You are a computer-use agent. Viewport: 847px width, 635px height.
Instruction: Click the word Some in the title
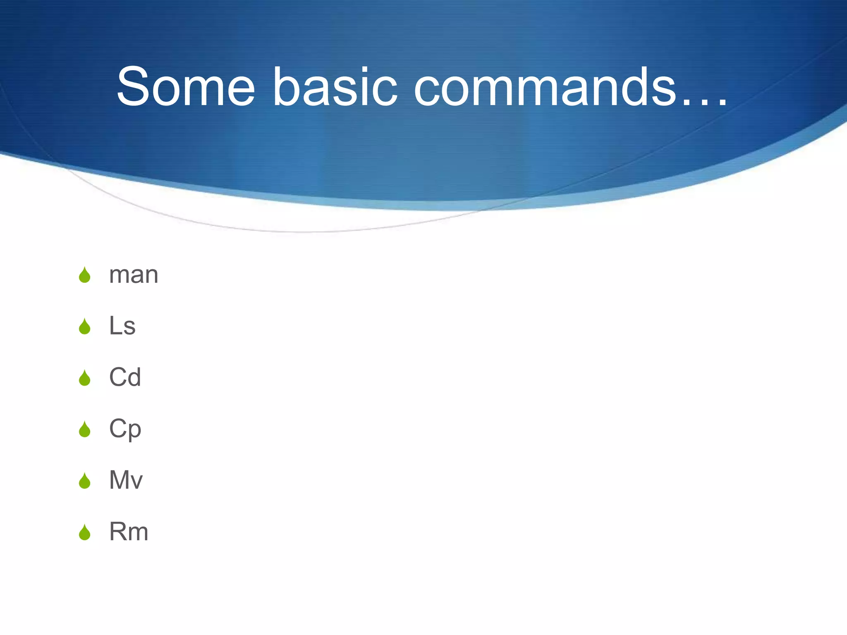[x=186, y=87]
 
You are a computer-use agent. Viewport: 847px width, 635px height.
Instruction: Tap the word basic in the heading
[x=335, y=87]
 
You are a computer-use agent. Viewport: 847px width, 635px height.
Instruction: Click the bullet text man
[x=134, y=275]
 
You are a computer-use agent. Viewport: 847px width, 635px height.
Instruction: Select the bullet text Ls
[x=122, y=326]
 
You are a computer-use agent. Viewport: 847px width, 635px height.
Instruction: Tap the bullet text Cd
[x=125, y=377]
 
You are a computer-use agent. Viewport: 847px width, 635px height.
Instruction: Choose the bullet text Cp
[x=125, y=429]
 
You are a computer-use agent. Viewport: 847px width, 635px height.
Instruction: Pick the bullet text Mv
[x=126, y=480]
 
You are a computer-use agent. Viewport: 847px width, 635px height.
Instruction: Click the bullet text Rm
[x=129, y=532]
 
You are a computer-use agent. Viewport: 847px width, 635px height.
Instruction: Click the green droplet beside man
[x=85, y=275]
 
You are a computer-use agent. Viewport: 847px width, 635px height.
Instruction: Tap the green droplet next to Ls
[x=85, y=327]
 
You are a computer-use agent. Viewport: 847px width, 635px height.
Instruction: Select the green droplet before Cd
[x=85, y=378]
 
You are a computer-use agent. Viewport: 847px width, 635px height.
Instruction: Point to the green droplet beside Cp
[x=85, y=430]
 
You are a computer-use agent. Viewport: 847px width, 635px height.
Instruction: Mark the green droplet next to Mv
[x=85, y=481]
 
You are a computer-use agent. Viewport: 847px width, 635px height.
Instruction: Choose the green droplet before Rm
[x=85, y=532]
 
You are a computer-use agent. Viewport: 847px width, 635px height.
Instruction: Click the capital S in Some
[x=133, y=87]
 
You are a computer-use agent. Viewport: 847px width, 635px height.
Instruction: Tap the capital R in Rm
[x=117, y=532]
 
